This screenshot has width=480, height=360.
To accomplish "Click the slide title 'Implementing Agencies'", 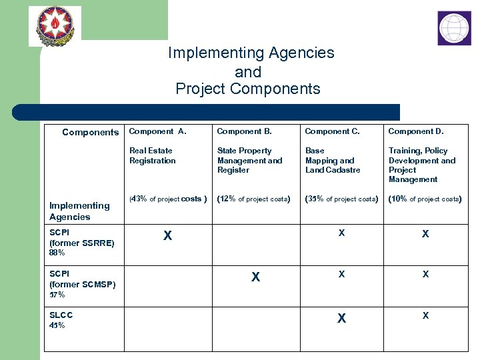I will click(251, 53).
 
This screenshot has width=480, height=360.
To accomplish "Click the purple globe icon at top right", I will click(454, 28).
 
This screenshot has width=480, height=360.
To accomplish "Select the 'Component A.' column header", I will click(158, 131).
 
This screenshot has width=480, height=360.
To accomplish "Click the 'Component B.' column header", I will click(244, 131).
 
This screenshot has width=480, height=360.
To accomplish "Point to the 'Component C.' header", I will click(332, 131).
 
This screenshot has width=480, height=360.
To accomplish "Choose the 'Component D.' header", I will click(416, 131).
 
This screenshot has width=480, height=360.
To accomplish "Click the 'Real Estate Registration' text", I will click(153, 155).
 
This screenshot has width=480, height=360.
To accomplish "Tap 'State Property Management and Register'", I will click(249, 160).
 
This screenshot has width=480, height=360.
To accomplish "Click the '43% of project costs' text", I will click(168, 199).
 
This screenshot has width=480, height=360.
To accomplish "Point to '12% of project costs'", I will click(253, 199).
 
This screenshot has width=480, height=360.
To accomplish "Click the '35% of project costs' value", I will click(341, 199).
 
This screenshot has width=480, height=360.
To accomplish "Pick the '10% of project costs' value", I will click(425, 199).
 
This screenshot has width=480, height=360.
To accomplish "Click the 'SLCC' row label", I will click(61, 315).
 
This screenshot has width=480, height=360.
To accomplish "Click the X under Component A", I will click(168, 235).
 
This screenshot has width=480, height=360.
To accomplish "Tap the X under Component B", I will click(255, 277).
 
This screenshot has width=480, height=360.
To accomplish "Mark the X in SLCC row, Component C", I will click(341, 319).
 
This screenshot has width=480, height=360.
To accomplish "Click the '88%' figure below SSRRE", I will click(57, 253).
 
